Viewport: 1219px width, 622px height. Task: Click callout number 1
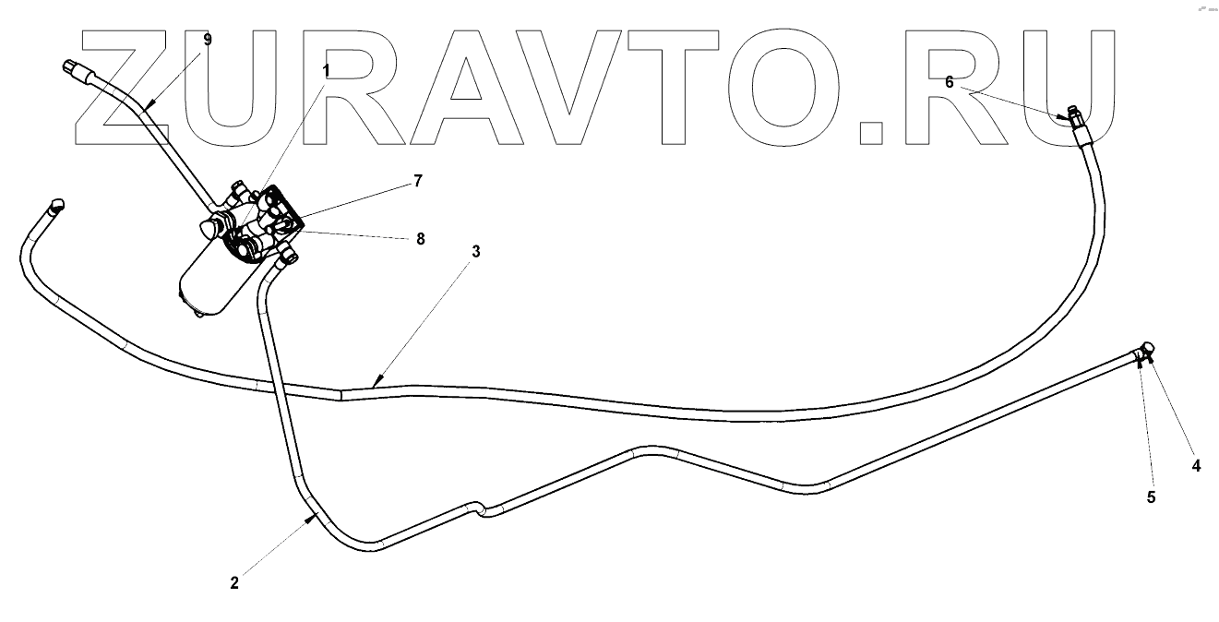(326, 69)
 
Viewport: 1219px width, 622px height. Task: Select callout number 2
(234, 582)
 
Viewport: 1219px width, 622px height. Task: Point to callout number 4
(1196, 466)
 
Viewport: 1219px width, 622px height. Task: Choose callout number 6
(949, 81)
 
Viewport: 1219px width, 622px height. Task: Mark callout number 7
(417, 181)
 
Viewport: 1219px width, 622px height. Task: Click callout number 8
(420, 238)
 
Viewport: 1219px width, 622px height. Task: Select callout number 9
(208, 39)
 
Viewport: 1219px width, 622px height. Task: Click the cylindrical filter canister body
(213, 278)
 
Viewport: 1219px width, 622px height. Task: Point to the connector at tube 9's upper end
(73, 67)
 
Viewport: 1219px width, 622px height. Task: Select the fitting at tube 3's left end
(56, 206)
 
